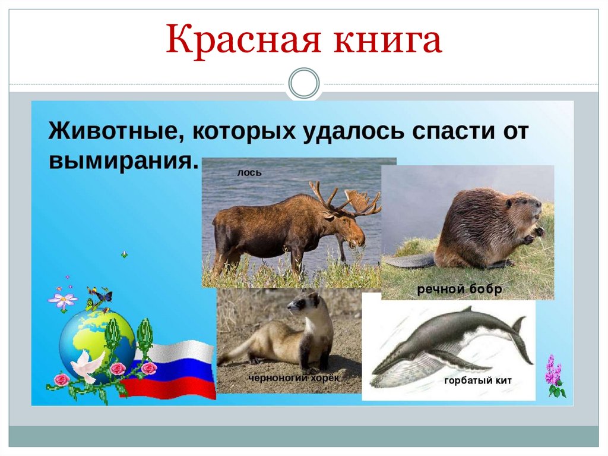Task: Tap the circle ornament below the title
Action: (x=304, y=83)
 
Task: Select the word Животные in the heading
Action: (x=113, y=130)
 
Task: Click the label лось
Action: (x=249, y=173)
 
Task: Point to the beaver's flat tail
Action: (x=408, y=260)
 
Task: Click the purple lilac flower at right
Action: (x=555, y=375)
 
